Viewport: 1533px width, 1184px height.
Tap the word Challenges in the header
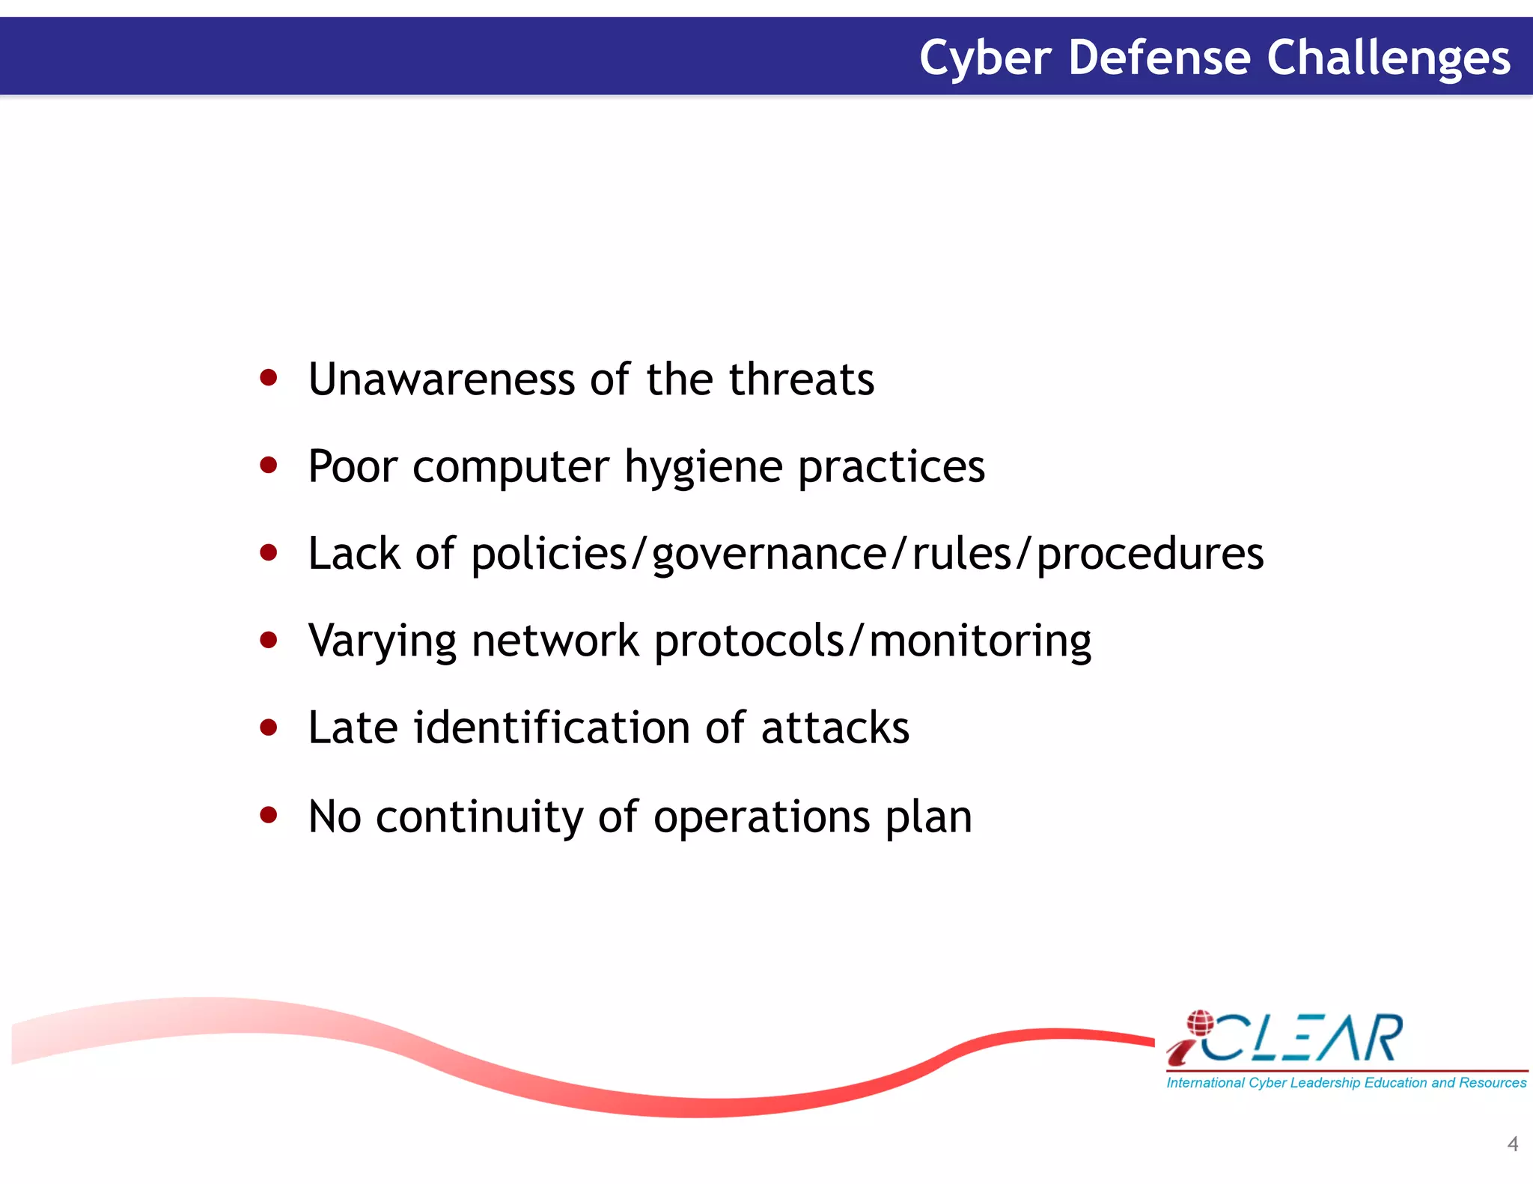click(1389, 58)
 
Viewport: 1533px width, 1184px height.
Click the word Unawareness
click(441, 379)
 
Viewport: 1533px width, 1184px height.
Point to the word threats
click(801, 379)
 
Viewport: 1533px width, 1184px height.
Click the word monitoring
click(980, 642)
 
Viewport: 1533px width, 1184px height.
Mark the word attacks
click(835, 728)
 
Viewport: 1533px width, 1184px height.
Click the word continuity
click(479, 817)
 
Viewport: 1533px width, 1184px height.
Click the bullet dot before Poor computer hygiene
click(268, 466)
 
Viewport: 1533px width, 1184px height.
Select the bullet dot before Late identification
click(268, 727)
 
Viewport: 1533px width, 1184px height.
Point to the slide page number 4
click(1512, 1144)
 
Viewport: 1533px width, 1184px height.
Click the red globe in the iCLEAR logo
click(1200, 1022)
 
